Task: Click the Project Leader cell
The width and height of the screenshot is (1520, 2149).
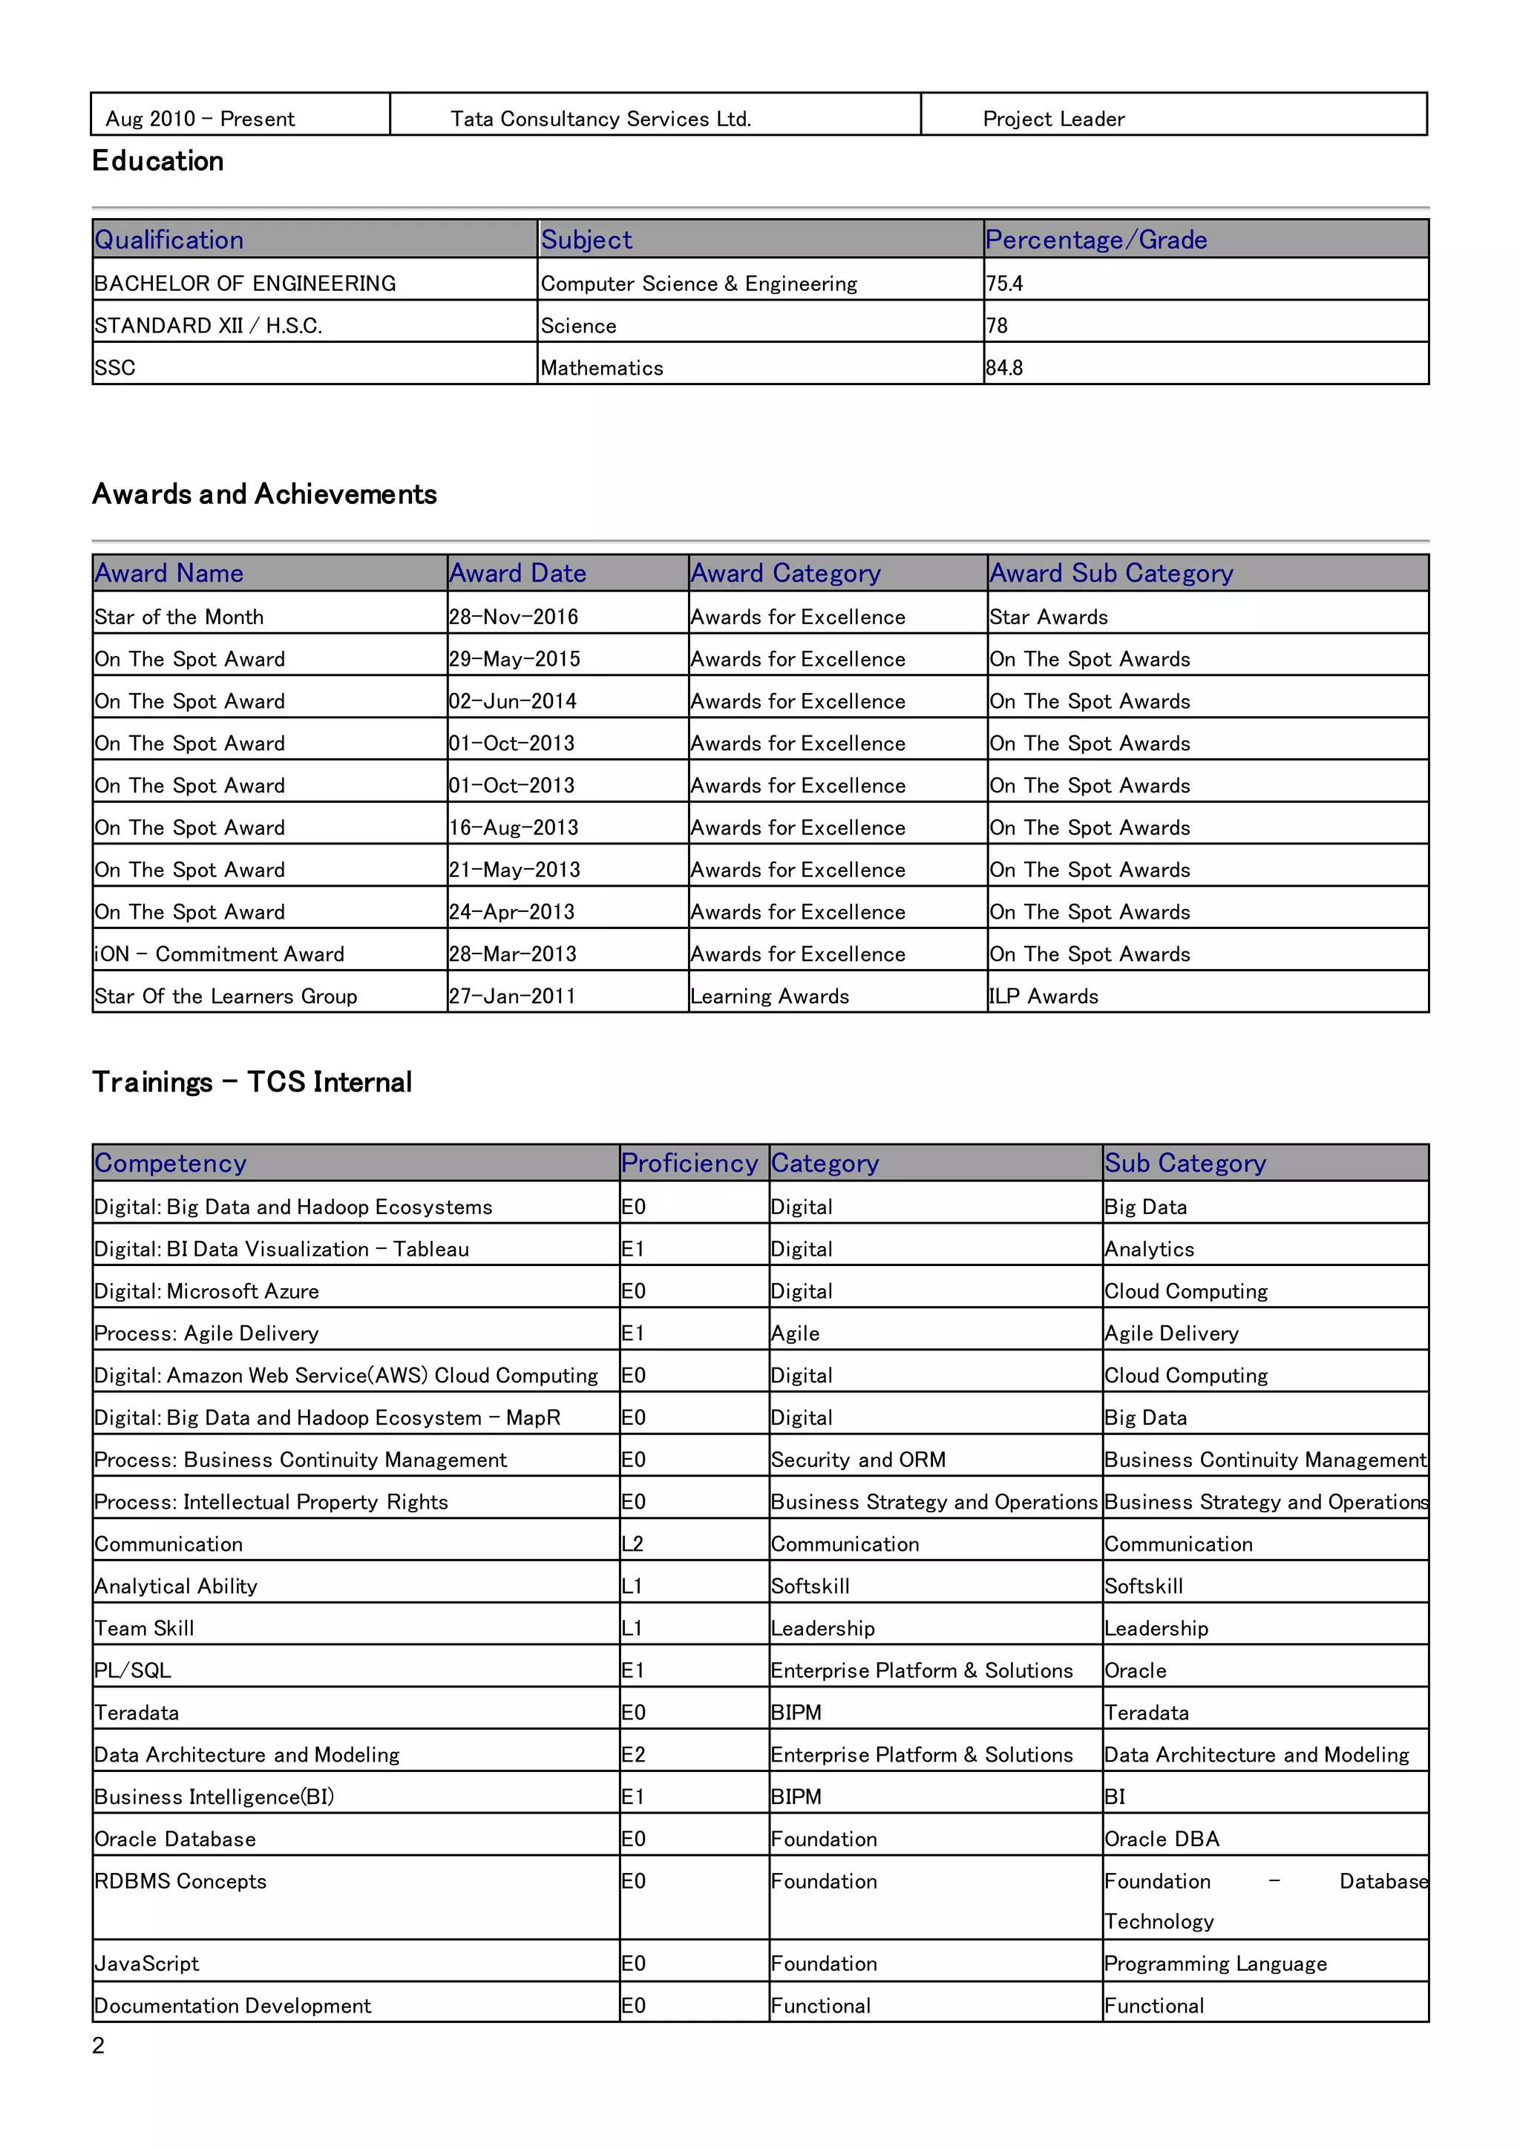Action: click(x=1053, y=119)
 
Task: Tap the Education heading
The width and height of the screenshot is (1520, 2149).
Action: click(x=157, y=161)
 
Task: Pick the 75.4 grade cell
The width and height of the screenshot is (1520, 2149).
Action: click(x=1004, y=283)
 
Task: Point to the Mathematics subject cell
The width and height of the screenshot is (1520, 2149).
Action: click(x=602, y=368)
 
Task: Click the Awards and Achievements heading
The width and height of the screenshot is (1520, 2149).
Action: click(x=264, y=494)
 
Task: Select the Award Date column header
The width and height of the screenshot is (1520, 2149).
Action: click(x=517, y=573)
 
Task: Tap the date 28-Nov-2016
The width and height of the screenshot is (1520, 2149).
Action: click(x=513, y=617)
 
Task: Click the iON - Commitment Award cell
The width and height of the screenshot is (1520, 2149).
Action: click(x=219, y=954)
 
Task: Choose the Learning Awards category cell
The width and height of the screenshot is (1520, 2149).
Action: click(x=770, y=996)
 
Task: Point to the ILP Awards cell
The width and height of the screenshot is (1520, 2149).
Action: click(x=1044, y=996)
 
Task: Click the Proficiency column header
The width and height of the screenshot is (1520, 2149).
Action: click(x=689, y=1163)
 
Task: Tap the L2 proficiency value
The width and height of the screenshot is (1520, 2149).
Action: click(x=632, y=1543)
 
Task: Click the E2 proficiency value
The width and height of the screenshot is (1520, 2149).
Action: click(x=634, y=1754)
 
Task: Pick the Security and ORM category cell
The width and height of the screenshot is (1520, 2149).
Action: click(x=857, y=1459)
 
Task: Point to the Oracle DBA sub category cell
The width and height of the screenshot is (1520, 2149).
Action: click(x=1162, y=1838)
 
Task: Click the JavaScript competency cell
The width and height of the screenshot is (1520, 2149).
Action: click(x=147, y=1963)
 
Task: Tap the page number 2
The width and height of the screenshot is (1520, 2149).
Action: click(x=98, y=2045)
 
